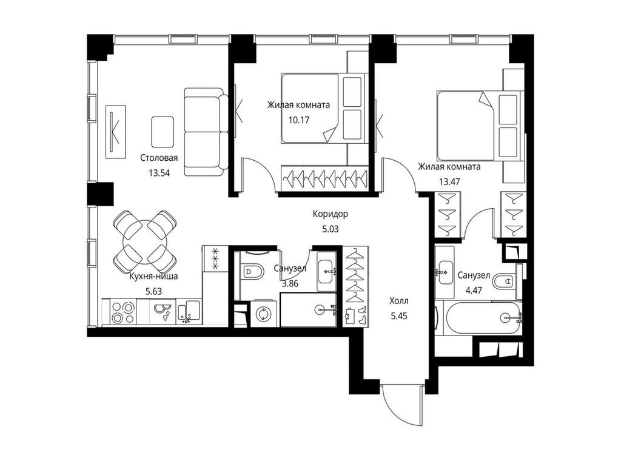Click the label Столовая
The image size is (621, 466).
(x=159, y=158)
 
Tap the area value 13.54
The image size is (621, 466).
(x=159, y=172)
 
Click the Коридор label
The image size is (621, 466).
(x=331, y=214)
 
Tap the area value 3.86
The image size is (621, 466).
(x=290, y=282)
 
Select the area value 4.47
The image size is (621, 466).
(x=474, y=289)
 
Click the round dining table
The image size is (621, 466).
(x=144, y=241)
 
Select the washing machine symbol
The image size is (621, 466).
(x=264, y=314)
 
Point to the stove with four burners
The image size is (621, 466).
(x=124, y=312)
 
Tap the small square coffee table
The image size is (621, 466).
(x=163, y=131)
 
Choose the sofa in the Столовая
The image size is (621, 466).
(x=203, y=132)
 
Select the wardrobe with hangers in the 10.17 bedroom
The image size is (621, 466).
(x=325, y=178)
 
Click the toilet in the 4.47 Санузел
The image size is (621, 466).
(x=503, y=282)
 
